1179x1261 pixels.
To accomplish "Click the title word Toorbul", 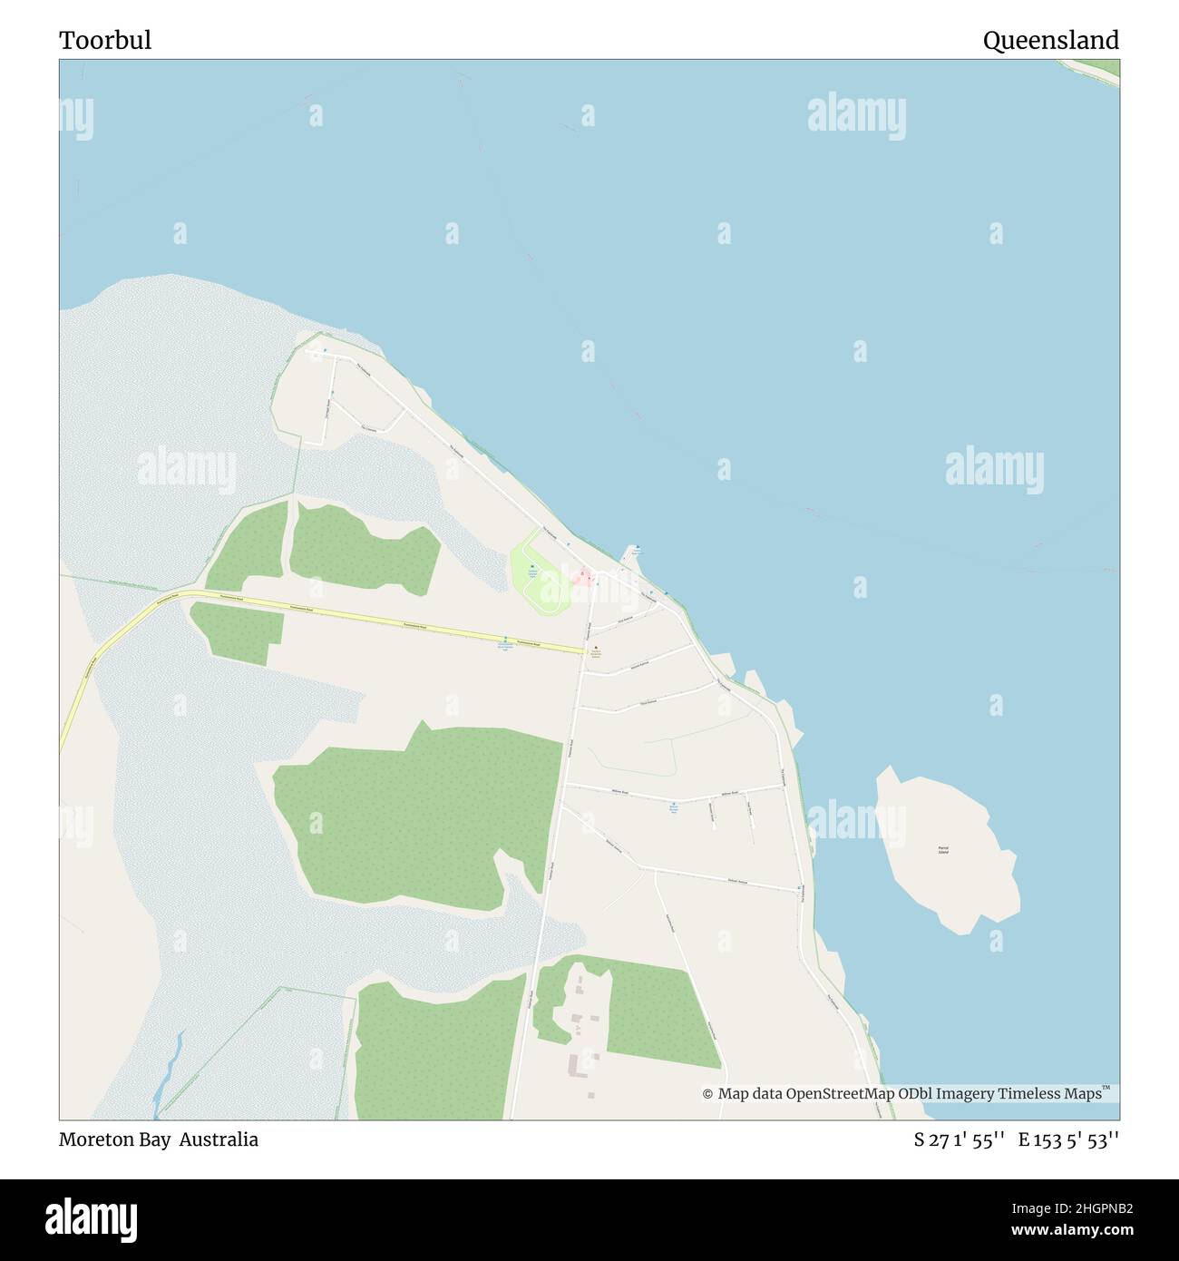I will tap(105, 41).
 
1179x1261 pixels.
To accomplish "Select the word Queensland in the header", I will tap(1050, 41).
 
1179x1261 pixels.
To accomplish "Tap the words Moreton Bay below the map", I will tap(114, 1139).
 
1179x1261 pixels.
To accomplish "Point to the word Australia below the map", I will tap(219, 1139).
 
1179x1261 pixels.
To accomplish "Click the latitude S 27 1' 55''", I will tap(959, 1140).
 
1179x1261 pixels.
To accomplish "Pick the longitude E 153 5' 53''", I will tap(1068, 1140).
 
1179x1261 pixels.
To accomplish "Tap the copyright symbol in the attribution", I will tap(707, 1094).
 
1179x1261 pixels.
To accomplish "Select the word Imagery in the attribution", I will tap(964, 1094).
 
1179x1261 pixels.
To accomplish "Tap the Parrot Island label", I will tap(943, 851).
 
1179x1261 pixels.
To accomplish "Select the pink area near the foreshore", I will tap(583, 576).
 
